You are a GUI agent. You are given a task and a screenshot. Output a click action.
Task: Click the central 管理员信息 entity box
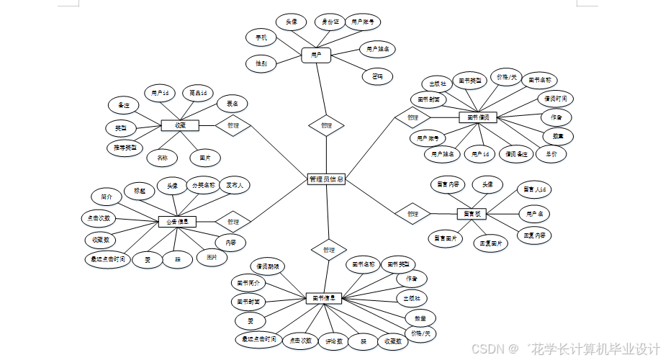(326, 179)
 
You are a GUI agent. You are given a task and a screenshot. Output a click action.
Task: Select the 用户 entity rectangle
(315, 54)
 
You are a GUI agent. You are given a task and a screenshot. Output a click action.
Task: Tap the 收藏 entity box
(179, 125)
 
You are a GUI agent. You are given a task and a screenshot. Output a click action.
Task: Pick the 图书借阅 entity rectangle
(477, 117)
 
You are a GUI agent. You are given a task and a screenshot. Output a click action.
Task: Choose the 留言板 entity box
(472, 214)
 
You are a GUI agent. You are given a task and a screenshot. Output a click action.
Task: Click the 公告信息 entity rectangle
(176, 222)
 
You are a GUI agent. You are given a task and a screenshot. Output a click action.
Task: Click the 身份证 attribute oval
(330, 22)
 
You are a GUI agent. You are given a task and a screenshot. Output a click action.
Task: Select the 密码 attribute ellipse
(377, 76)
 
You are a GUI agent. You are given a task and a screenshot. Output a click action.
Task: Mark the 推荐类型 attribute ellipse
(121, 148)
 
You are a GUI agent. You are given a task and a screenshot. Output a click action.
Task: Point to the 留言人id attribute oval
(535, 190)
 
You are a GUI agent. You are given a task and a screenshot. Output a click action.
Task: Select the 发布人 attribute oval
(235, 185)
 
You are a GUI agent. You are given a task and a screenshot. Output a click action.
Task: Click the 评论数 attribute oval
(333, 340)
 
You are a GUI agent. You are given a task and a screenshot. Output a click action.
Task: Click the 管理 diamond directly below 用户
(326, 125)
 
